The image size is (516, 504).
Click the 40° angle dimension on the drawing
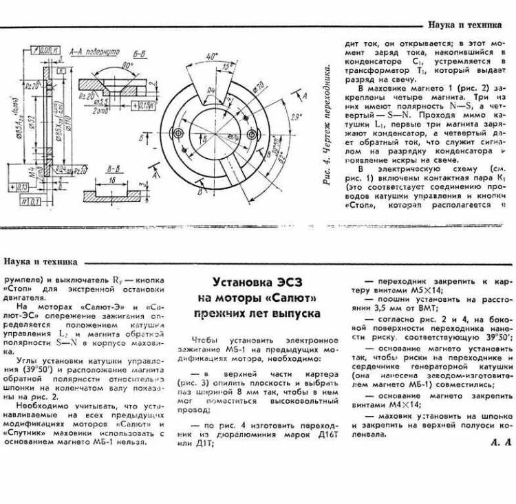211,55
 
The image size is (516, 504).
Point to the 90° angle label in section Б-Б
126,64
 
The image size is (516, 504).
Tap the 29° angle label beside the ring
296,118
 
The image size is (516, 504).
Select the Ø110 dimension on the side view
70,131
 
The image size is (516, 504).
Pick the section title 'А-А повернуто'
94,52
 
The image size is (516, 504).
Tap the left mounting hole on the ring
178,132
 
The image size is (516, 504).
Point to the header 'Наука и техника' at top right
464,25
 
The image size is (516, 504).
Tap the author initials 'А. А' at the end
501,442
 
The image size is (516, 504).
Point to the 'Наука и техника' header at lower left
40,261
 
